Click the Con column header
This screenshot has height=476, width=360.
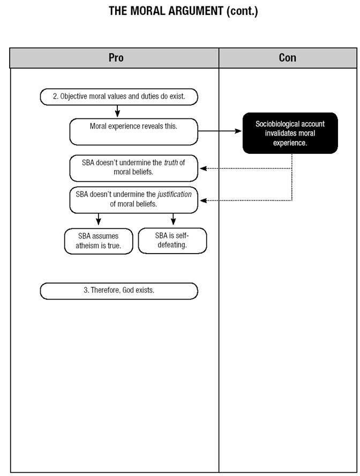(x=288, y=58)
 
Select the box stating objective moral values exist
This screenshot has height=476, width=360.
(x=119, y=97)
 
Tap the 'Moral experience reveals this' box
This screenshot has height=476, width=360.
(x=134, y=132)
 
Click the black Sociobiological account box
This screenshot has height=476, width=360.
(x=290, y=133)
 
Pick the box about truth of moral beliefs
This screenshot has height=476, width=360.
(x=134, y=168)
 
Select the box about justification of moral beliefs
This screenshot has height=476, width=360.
(x=134, y=200)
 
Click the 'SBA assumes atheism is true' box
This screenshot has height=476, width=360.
(x=99, y=241)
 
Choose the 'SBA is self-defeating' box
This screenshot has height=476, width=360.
(x=172, y=241)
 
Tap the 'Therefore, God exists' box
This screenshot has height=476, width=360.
(x=119, y=291)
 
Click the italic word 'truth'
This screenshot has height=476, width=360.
(x=171, y=163)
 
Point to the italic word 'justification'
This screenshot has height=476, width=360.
(x=175, y=194)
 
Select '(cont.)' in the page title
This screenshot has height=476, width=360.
(x=242, y=11)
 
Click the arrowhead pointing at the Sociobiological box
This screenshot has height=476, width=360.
(x=238, y=131)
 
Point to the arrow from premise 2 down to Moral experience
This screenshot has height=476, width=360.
(x=117, y=111)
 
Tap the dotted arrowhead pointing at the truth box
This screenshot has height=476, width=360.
(x=204, y=168)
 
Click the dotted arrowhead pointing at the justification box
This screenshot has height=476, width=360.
(x=204, y=200)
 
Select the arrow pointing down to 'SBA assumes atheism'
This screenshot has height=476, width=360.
(x=98, y=219)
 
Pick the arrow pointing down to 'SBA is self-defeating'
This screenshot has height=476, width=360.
(x=173, y=219)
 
